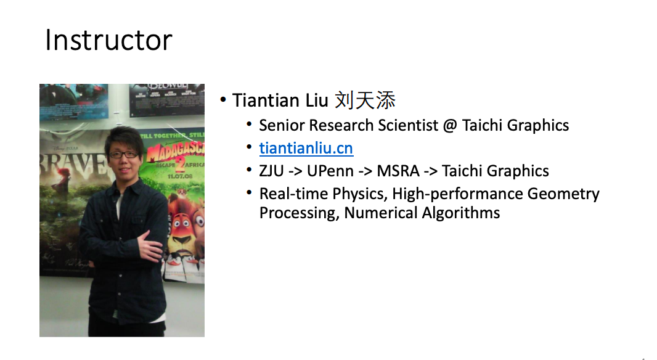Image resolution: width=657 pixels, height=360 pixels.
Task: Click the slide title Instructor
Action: [108, 40]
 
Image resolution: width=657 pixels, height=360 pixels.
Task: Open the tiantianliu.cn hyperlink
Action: [306, 148]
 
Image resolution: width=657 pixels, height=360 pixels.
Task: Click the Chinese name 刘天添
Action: [365, 100]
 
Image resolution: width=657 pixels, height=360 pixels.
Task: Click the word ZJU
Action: [271, 171]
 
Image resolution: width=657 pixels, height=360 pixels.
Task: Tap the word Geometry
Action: [563, 194]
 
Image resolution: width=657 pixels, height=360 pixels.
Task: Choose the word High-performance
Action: [457, 194]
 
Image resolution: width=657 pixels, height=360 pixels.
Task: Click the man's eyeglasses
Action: [124, 155]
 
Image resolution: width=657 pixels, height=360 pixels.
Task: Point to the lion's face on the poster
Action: [184, 229]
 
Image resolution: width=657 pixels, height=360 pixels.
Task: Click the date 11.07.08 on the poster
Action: [180, 176]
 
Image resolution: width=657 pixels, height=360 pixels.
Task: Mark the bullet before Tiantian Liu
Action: [223, 100]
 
